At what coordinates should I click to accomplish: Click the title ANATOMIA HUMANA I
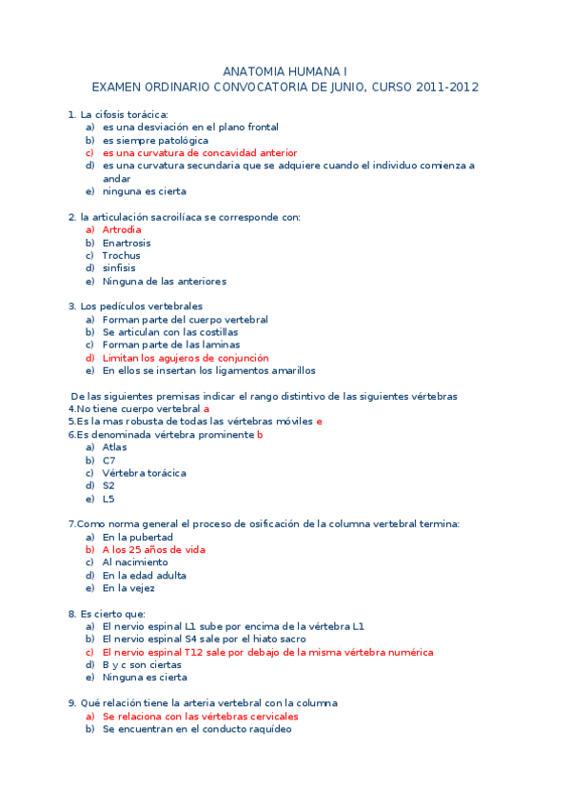(x=285, y=71)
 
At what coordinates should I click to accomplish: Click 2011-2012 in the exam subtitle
(x=447, y=87)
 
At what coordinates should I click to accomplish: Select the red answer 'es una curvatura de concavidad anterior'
(x=200, y=152)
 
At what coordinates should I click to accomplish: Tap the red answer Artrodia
(x=122, y=229)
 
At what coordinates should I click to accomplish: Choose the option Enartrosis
(x=127, y=243)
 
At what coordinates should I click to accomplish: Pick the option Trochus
(x=121, y=255)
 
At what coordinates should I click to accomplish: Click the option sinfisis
(x=119, y=268)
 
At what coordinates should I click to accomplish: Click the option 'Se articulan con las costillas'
(x=170, y=332)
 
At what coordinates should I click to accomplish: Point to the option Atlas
(x=114, y=447)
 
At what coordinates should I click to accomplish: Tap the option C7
(x=109, y=460)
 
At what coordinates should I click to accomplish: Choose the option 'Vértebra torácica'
(x=144, y=473)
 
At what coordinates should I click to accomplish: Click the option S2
(x=108, y=485)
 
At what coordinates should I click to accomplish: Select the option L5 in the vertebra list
(x=108, y=499)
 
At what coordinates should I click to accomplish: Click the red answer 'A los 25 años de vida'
(x=154, y=549)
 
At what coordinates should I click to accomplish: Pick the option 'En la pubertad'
(x=137, y=537)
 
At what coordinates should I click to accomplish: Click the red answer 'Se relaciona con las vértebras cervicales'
(x=201, y=716)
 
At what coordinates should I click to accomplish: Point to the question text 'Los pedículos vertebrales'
(x=142, y=306)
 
